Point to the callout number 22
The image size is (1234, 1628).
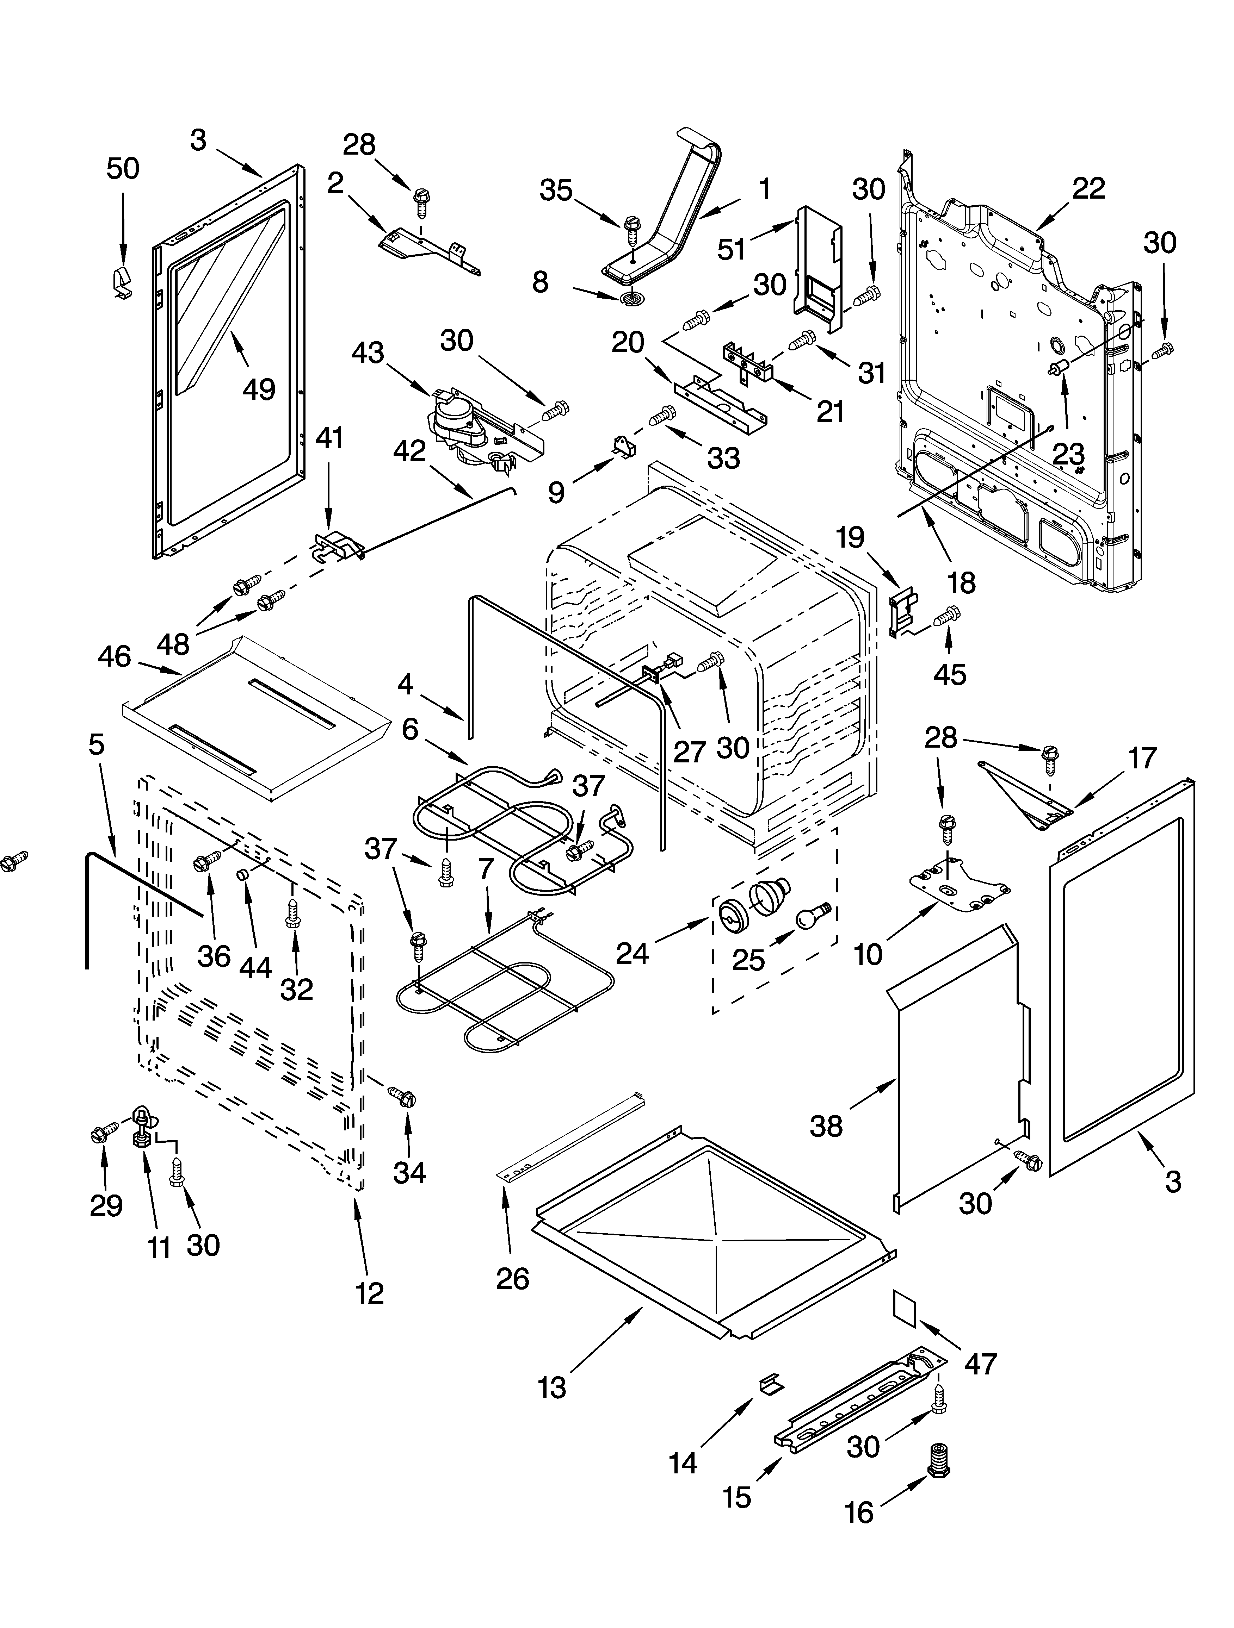1088,189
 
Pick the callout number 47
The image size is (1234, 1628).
981,1364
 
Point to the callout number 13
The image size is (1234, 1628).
552,1387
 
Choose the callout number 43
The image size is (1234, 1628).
368,353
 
